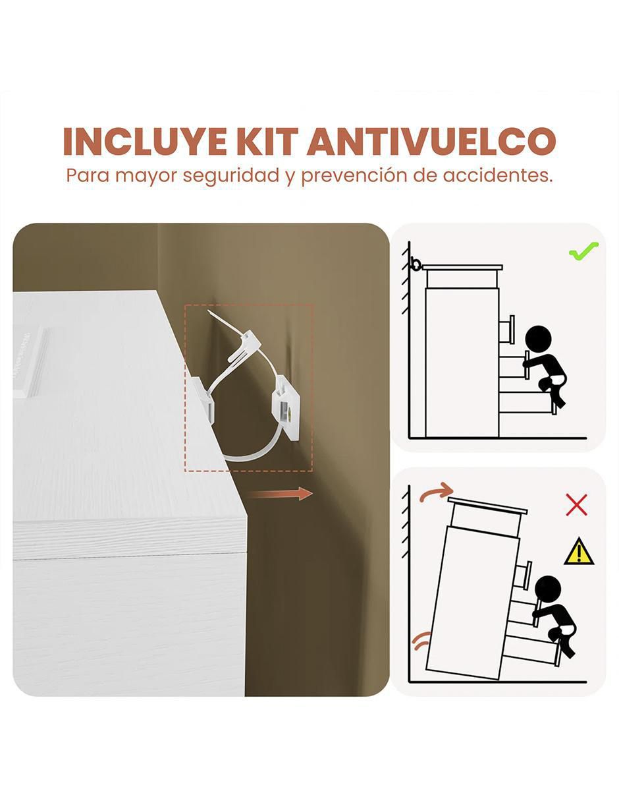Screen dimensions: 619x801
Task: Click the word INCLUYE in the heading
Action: [145, 142]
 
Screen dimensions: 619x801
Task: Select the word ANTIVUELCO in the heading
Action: [431, 142]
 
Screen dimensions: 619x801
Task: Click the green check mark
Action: [583, 251]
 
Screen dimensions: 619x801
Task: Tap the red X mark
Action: [577, 504]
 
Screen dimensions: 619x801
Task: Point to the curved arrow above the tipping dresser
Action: [437, 490]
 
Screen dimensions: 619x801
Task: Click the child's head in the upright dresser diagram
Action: [538, 339]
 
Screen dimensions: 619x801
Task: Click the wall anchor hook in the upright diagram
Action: [416, 264]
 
